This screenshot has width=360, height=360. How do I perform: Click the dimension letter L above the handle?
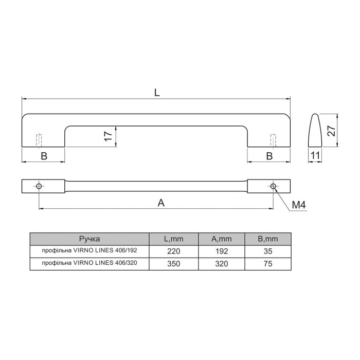point(157,93)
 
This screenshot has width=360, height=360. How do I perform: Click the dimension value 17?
point(108,136)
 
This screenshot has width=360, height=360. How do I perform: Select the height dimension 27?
point(332,131)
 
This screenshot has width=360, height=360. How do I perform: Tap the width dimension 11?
point(315,156)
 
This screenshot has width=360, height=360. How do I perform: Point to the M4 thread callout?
point(299,205)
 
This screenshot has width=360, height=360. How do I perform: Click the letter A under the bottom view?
point(161,203)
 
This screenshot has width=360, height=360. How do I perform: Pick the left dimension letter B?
point(44,156)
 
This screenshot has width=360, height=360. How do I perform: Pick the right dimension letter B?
point(269,156)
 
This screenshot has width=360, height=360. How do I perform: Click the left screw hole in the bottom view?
point(39,186)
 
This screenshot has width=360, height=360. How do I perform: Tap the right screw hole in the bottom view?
point(273,186)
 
